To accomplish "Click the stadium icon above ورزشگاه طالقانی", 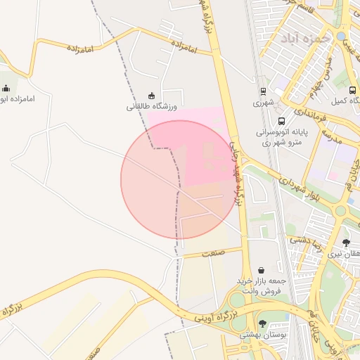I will (150, 96).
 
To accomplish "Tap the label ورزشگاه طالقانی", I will (152, 106).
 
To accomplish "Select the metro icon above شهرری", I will (263, 91).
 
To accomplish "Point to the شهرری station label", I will (262, 103).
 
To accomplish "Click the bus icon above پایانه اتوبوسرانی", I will (281, 121).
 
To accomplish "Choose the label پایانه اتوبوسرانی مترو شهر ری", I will (278, 137).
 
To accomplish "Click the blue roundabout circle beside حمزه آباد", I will (341, 36).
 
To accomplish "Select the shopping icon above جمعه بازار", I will (262, 269).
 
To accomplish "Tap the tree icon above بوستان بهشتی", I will (262, 323).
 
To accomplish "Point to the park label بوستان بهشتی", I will (264, 335).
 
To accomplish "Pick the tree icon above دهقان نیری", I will (346, 243).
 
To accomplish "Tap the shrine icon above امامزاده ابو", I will (6, 88).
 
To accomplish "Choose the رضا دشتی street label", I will (304, 241).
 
